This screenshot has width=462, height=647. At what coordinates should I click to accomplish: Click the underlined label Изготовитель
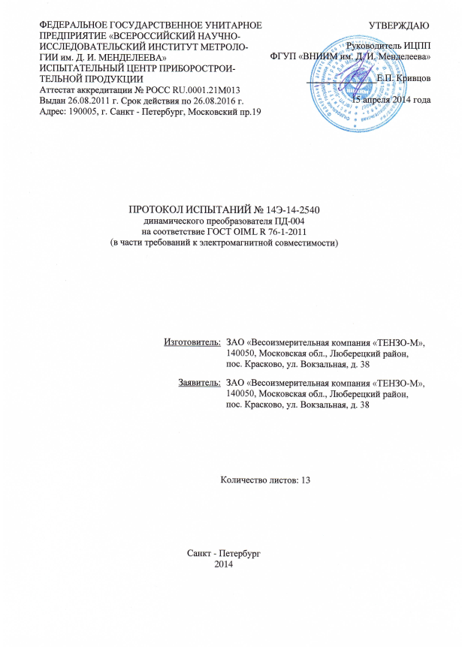coord(192,342)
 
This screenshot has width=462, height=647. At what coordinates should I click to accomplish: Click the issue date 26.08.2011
coord(95,101)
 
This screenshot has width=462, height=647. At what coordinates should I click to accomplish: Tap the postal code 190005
coord(85,112)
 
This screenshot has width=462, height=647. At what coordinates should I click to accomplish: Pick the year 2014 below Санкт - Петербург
coord(224,564)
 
